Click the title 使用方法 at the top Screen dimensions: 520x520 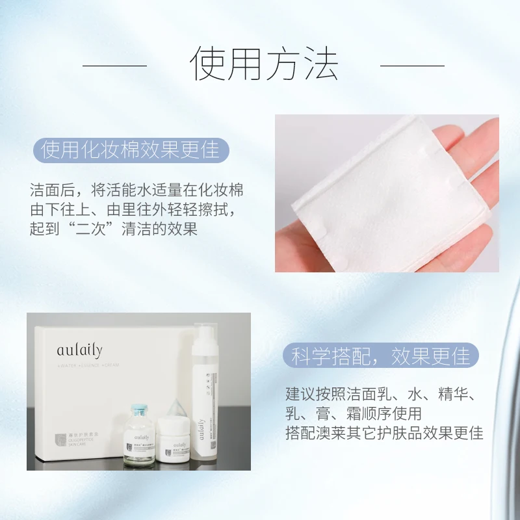click(x=265, y=64)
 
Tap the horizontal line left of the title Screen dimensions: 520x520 click(x=114, y=65)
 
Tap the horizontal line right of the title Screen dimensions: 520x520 click(x=412, y=65)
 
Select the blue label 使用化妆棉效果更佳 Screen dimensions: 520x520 click(x=131, y=150)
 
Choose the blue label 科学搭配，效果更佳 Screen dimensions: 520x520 click(x=380, y=356)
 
